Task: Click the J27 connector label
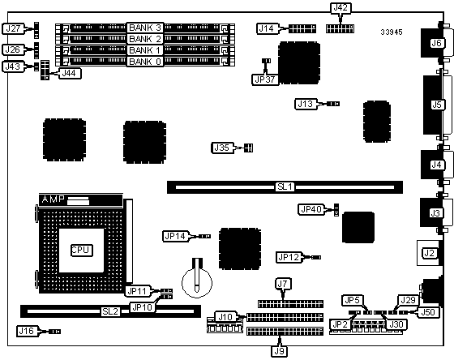coord(13,28)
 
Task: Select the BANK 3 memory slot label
coord(145,28)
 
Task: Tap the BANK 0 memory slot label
coord(145,62)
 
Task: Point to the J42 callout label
coord(340,8)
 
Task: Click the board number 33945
coord(392,32)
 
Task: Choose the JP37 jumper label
coord(265,79)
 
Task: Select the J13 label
coord(306,104)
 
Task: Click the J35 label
coord(222,148)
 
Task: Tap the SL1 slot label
coord(285,186)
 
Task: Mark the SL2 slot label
coord(110,311)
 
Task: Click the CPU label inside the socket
coord(82,251)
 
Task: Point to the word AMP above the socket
coord(53,199)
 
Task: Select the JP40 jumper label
coord(311,209)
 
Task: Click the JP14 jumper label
coord(175,236)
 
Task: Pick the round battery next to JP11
coord(197,282)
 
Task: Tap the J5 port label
coord(437,105)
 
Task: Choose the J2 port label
coord(429,254)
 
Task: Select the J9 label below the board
coord(279,351)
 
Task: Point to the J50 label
coord(428,312)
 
